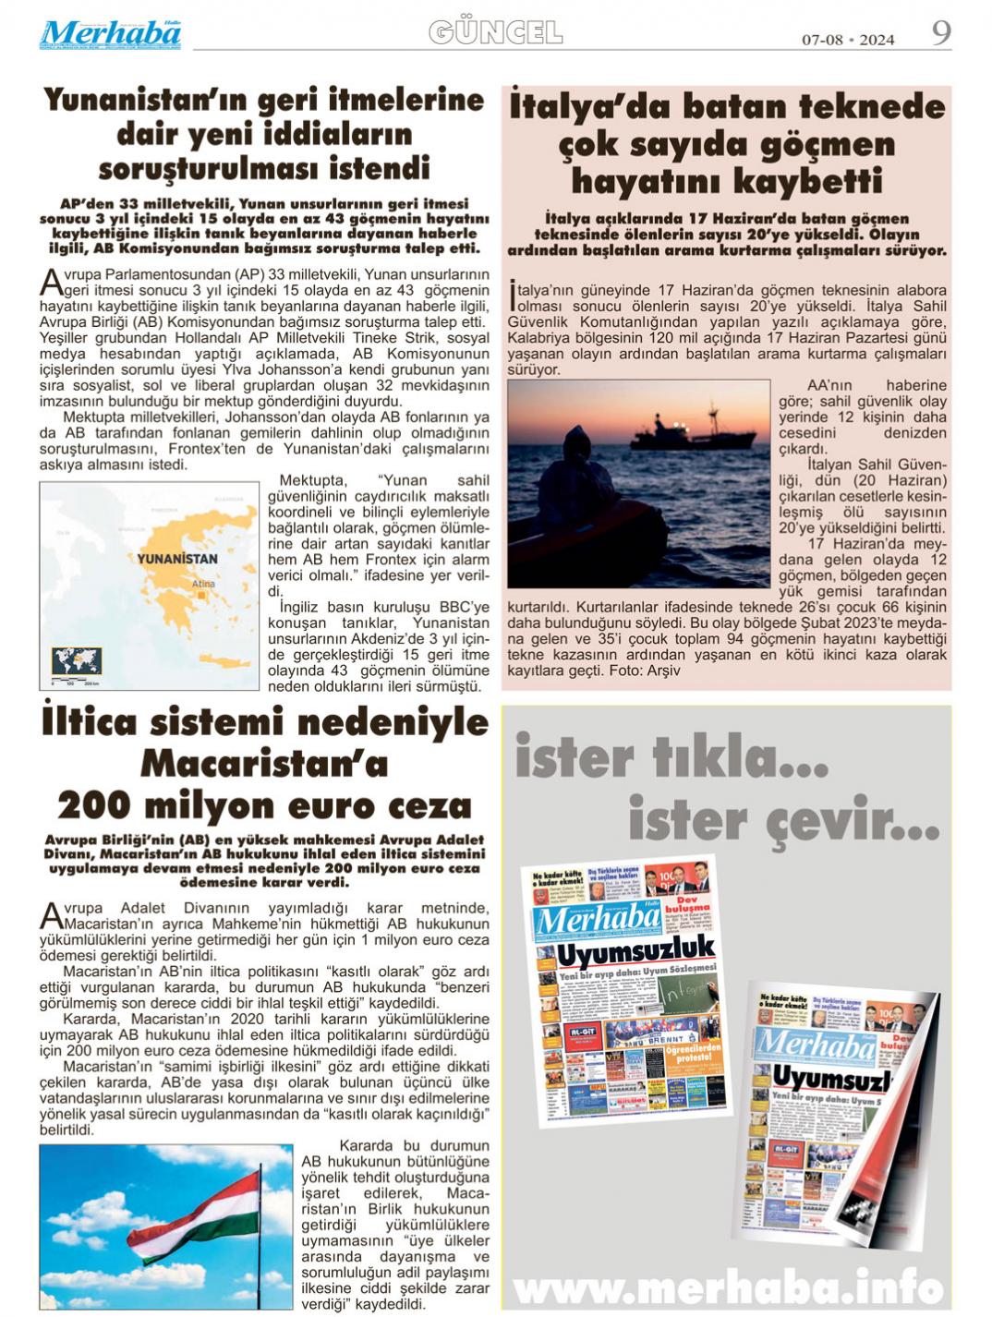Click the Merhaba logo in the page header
110,34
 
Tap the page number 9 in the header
940,33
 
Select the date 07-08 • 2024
847,39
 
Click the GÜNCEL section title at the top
495,33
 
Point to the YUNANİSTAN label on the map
177,559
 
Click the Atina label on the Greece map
203,584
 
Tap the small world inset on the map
78,662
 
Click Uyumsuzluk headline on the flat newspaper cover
628,949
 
